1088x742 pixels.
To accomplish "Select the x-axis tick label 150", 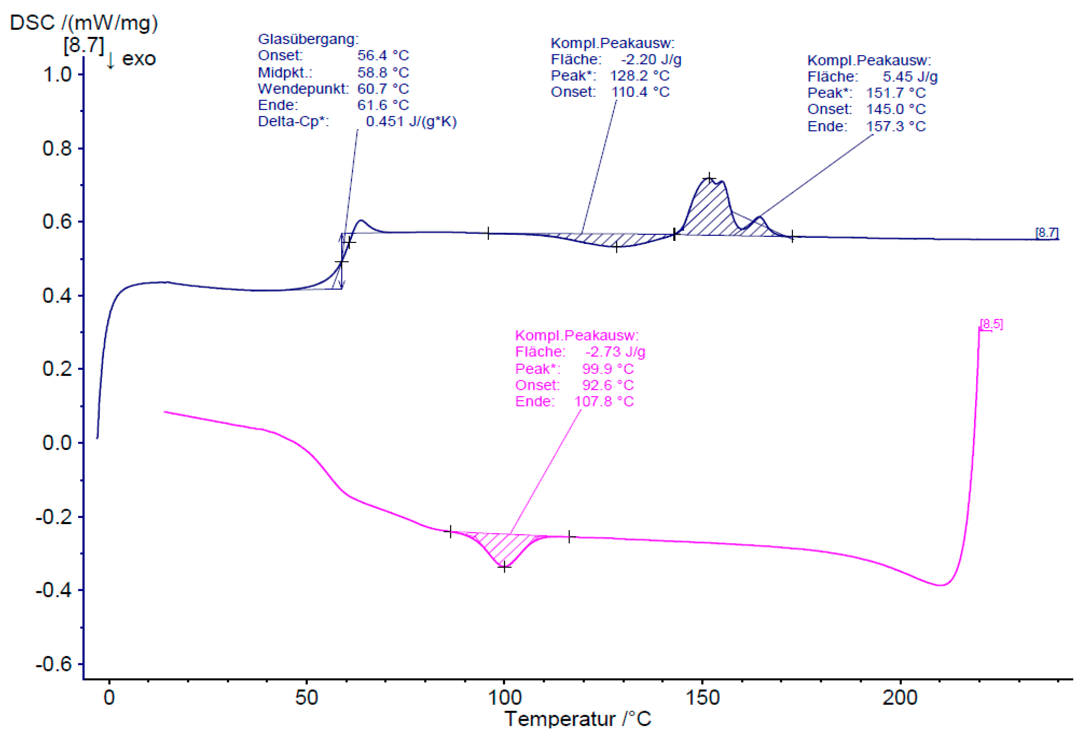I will [x=702, y=698].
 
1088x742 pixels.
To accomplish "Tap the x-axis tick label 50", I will [x=307, y=698].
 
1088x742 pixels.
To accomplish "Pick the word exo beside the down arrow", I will [x=139, y=59].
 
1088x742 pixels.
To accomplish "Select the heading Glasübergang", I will [x=308, y=39].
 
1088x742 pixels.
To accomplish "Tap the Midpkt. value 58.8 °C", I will [x=383, y=73].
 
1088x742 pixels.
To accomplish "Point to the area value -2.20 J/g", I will [x=651, y=59].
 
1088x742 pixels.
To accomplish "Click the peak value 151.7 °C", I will [x=896, y=93].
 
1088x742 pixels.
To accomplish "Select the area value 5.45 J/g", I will [x=910, y=76].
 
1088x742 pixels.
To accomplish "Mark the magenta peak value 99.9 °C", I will [x=608, y=369].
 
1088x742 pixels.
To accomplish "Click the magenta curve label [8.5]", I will [x=991, y=324].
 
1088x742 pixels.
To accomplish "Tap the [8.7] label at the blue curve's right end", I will [x=1046, y=233].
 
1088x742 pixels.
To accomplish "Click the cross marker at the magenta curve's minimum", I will [x=504, y=567].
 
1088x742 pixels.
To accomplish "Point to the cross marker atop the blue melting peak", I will [x=709, y=178].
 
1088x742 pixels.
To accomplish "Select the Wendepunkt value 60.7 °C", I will [x=383, y=89].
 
